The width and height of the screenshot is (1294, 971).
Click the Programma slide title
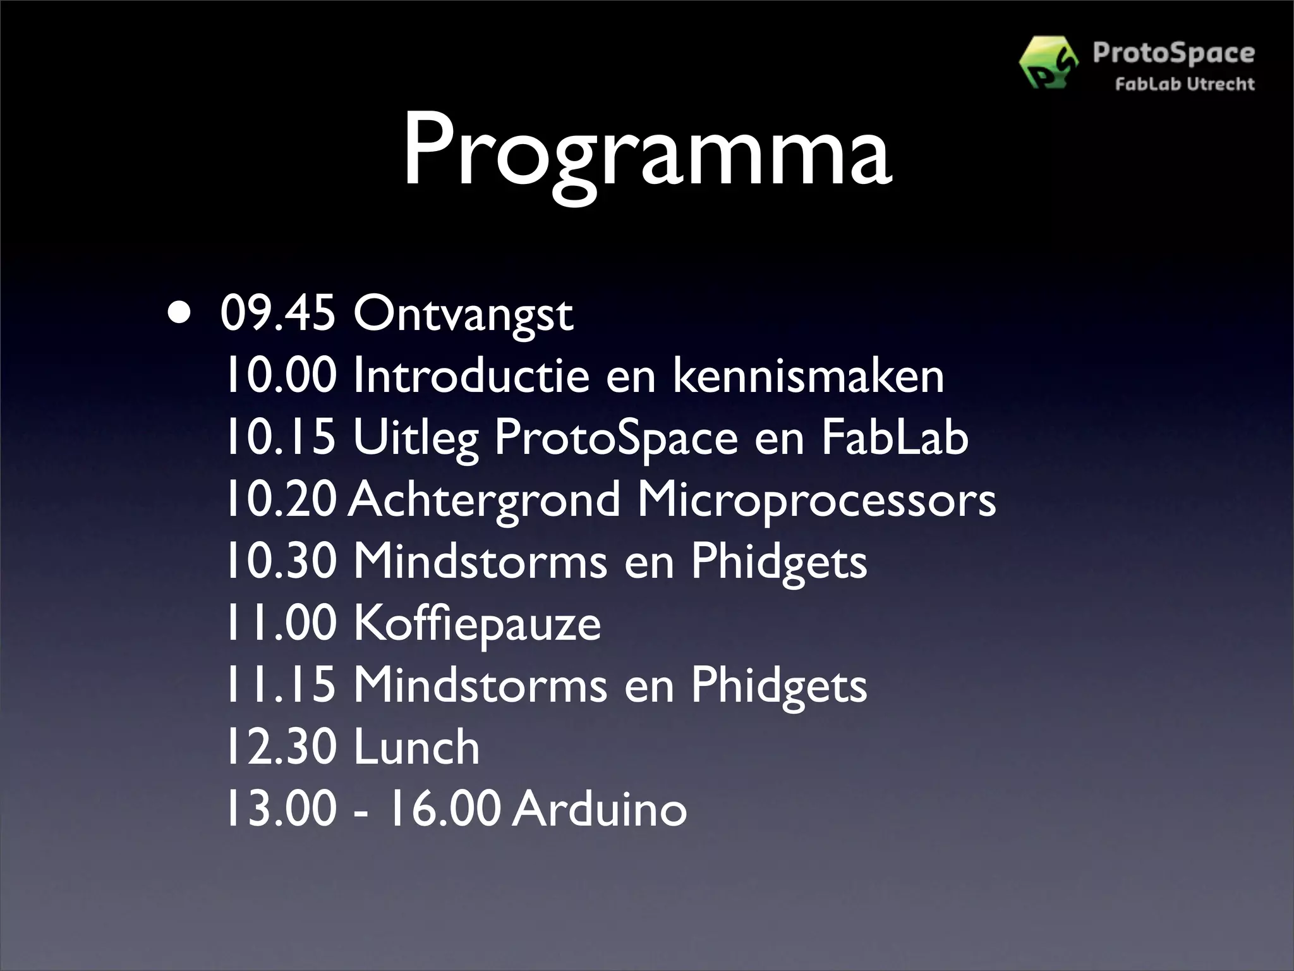647,152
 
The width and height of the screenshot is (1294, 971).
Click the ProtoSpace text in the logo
1173,53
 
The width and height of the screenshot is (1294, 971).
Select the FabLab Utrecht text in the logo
1184,84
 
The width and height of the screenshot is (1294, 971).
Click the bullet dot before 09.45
178,314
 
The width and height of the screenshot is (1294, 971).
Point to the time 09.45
278,314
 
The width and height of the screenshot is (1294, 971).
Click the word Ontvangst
463,315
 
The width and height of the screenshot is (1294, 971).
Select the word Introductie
471,376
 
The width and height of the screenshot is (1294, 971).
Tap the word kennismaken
808,376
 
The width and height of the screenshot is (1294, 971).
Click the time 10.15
281,437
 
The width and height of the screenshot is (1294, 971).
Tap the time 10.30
281,561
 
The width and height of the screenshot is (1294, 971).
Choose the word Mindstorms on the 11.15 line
480,685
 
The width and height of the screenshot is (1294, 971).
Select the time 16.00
444,809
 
